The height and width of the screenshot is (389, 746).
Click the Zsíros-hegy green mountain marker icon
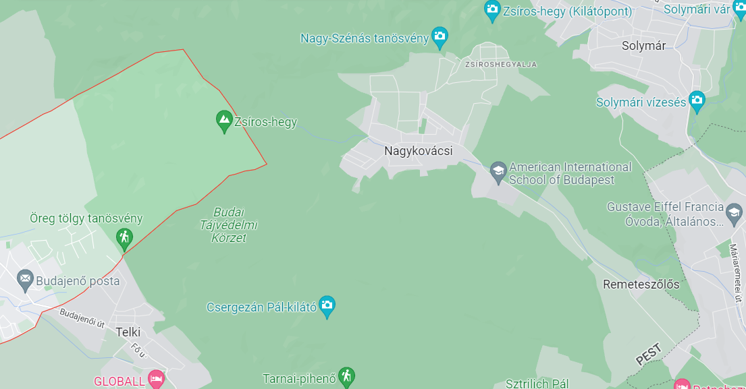click(224, 121)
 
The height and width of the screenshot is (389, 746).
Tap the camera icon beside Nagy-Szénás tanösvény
click(440, 38)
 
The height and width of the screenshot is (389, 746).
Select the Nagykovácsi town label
click(418, 151)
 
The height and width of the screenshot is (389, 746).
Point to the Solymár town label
click(643, 46)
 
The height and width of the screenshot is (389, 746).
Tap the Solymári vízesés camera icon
click(697, 101)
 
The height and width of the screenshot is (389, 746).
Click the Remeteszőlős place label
click(641, 284)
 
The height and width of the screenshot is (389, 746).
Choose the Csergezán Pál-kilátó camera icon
click(327, 305)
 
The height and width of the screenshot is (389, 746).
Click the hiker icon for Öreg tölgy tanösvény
click(124, 237)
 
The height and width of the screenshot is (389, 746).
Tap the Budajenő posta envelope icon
click(26, 279)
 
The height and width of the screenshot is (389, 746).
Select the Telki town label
click(128, 332)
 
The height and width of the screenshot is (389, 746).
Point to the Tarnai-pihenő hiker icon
click(346, 376)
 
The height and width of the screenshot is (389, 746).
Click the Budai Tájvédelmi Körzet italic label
click(228, 225)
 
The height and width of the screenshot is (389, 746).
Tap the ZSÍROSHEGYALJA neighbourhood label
click(501, 65)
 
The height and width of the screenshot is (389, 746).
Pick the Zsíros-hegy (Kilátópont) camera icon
click(492, 10)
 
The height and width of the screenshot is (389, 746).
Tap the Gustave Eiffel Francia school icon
click(733, 215)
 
